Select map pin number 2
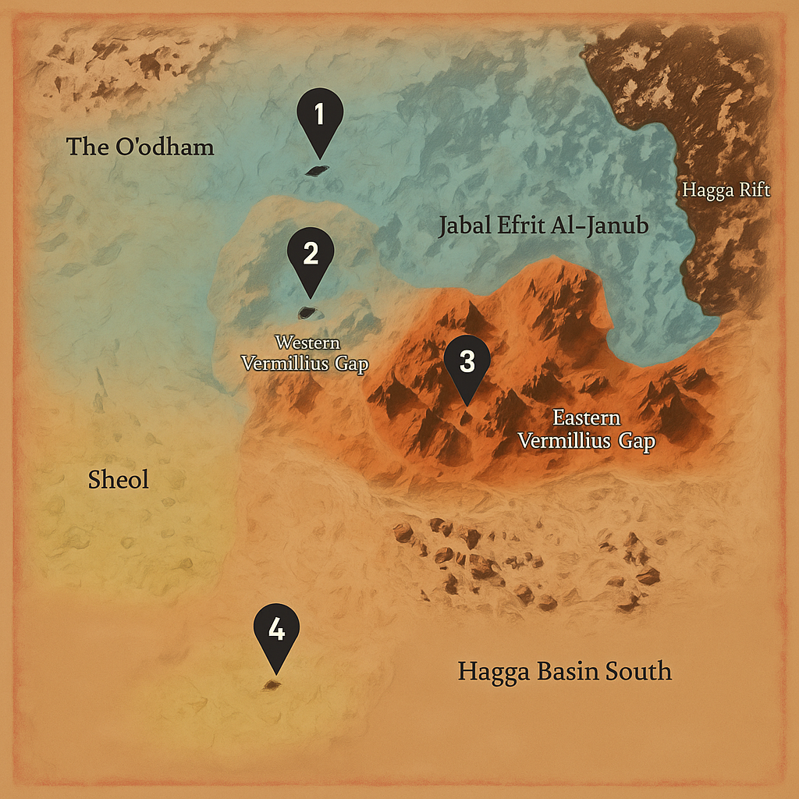point(311,257)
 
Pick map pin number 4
point(276,631)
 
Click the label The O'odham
point(140,147)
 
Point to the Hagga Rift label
point(726,190)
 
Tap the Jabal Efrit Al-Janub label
point(544,227)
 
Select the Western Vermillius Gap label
point(304,353)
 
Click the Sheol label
point(119,480)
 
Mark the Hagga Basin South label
point(564,671)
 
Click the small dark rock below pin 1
point(316,171)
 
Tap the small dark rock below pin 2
point(307,313)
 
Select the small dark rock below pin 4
point(272,685)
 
